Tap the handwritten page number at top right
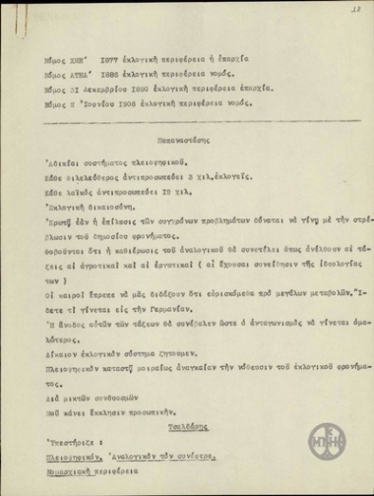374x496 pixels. click(x=349, y=9)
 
